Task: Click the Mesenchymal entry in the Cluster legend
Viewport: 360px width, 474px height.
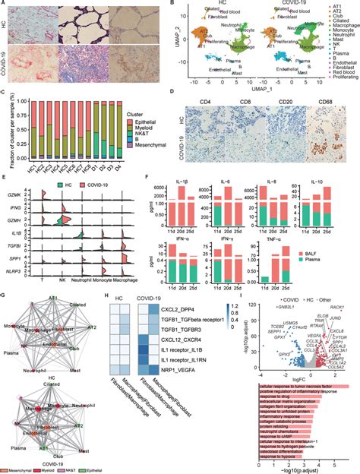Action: (149, 144)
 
